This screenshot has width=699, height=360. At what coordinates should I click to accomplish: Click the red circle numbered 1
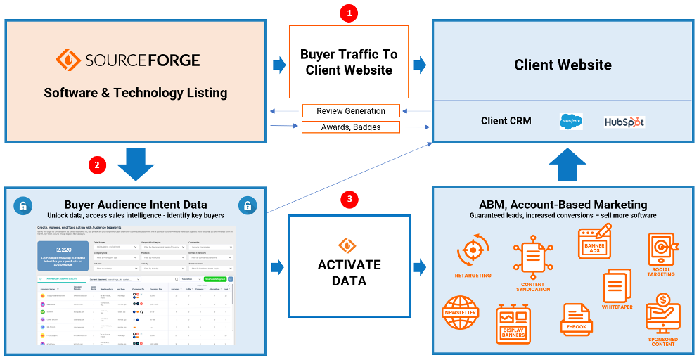pos(349,13)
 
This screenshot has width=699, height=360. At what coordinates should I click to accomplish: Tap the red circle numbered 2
pos(97,166)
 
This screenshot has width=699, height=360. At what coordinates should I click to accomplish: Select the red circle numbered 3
pos(349,200)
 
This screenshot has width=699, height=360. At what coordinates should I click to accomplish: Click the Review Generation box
pos(351,111)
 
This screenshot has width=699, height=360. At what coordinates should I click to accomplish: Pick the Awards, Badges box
pos(351,127)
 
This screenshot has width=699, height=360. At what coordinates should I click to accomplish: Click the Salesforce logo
pos(570,122)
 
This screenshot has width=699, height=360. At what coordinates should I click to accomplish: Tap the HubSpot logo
pos(624,122)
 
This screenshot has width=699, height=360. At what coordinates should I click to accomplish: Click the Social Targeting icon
pos(662,250)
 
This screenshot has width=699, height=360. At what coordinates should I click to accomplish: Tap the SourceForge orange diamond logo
pos(68,60)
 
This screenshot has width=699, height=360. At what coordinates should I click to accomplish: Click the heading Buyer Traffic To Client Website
pos(349,62)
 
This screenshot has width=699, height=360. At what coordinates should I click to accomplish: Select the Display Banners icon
pos(513,321)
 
